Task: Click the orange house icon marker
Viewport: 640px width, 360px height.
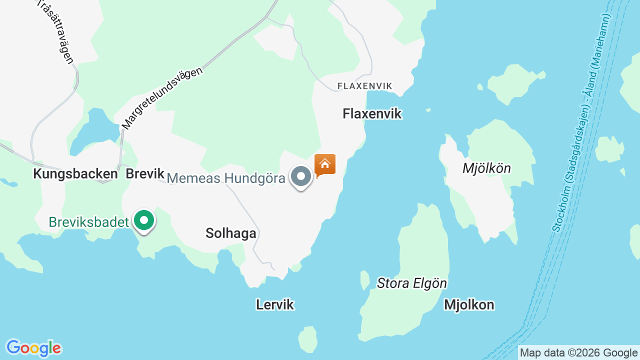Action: tap(325, 164)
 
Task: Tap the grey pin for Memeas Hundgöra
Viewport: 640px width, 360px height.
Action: tap(301, 176)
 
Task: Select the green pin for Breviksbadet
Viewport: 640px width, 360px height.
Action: tap(144, 220)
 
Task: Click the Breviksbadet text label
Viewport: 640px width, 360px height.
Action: tap(88, 222)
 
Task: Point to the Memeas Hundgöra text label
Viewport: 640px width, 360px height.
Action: tap(226, 178)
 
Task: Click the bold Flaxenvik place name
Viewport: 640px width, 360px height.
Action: tap(372, 114)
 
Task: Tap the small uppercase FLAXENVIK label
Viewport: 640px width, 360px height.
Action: tap(365, 86)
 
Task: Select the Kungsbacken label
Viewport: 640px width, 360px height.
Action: tap(75, 174)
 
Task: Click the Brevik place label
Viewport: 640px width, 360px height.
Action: tap(145, 174)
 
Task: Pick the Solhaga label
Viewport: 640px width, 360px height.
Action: tap(231, 233)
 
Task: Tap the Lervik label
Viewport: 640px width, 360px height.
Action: tap(275, 304)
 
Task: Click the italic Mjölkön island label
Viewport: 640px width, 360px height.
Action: tap(486, 168)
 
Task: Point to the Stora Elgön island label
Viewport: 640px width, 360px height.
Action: tap(412, 283)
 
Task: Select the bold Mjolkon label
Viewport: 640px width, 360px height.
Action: tap(469, 304)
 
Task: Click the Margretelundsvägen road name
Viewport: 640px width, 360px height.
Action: tap(162, 98)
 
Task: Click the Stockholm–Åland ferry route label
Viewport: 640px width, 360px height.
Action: tap(583, 122)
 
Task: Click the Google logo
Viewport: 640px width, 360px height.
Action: tap(33, 348)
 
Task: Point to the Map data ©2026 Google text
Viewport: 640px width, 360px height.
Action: tap(578, 352)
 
